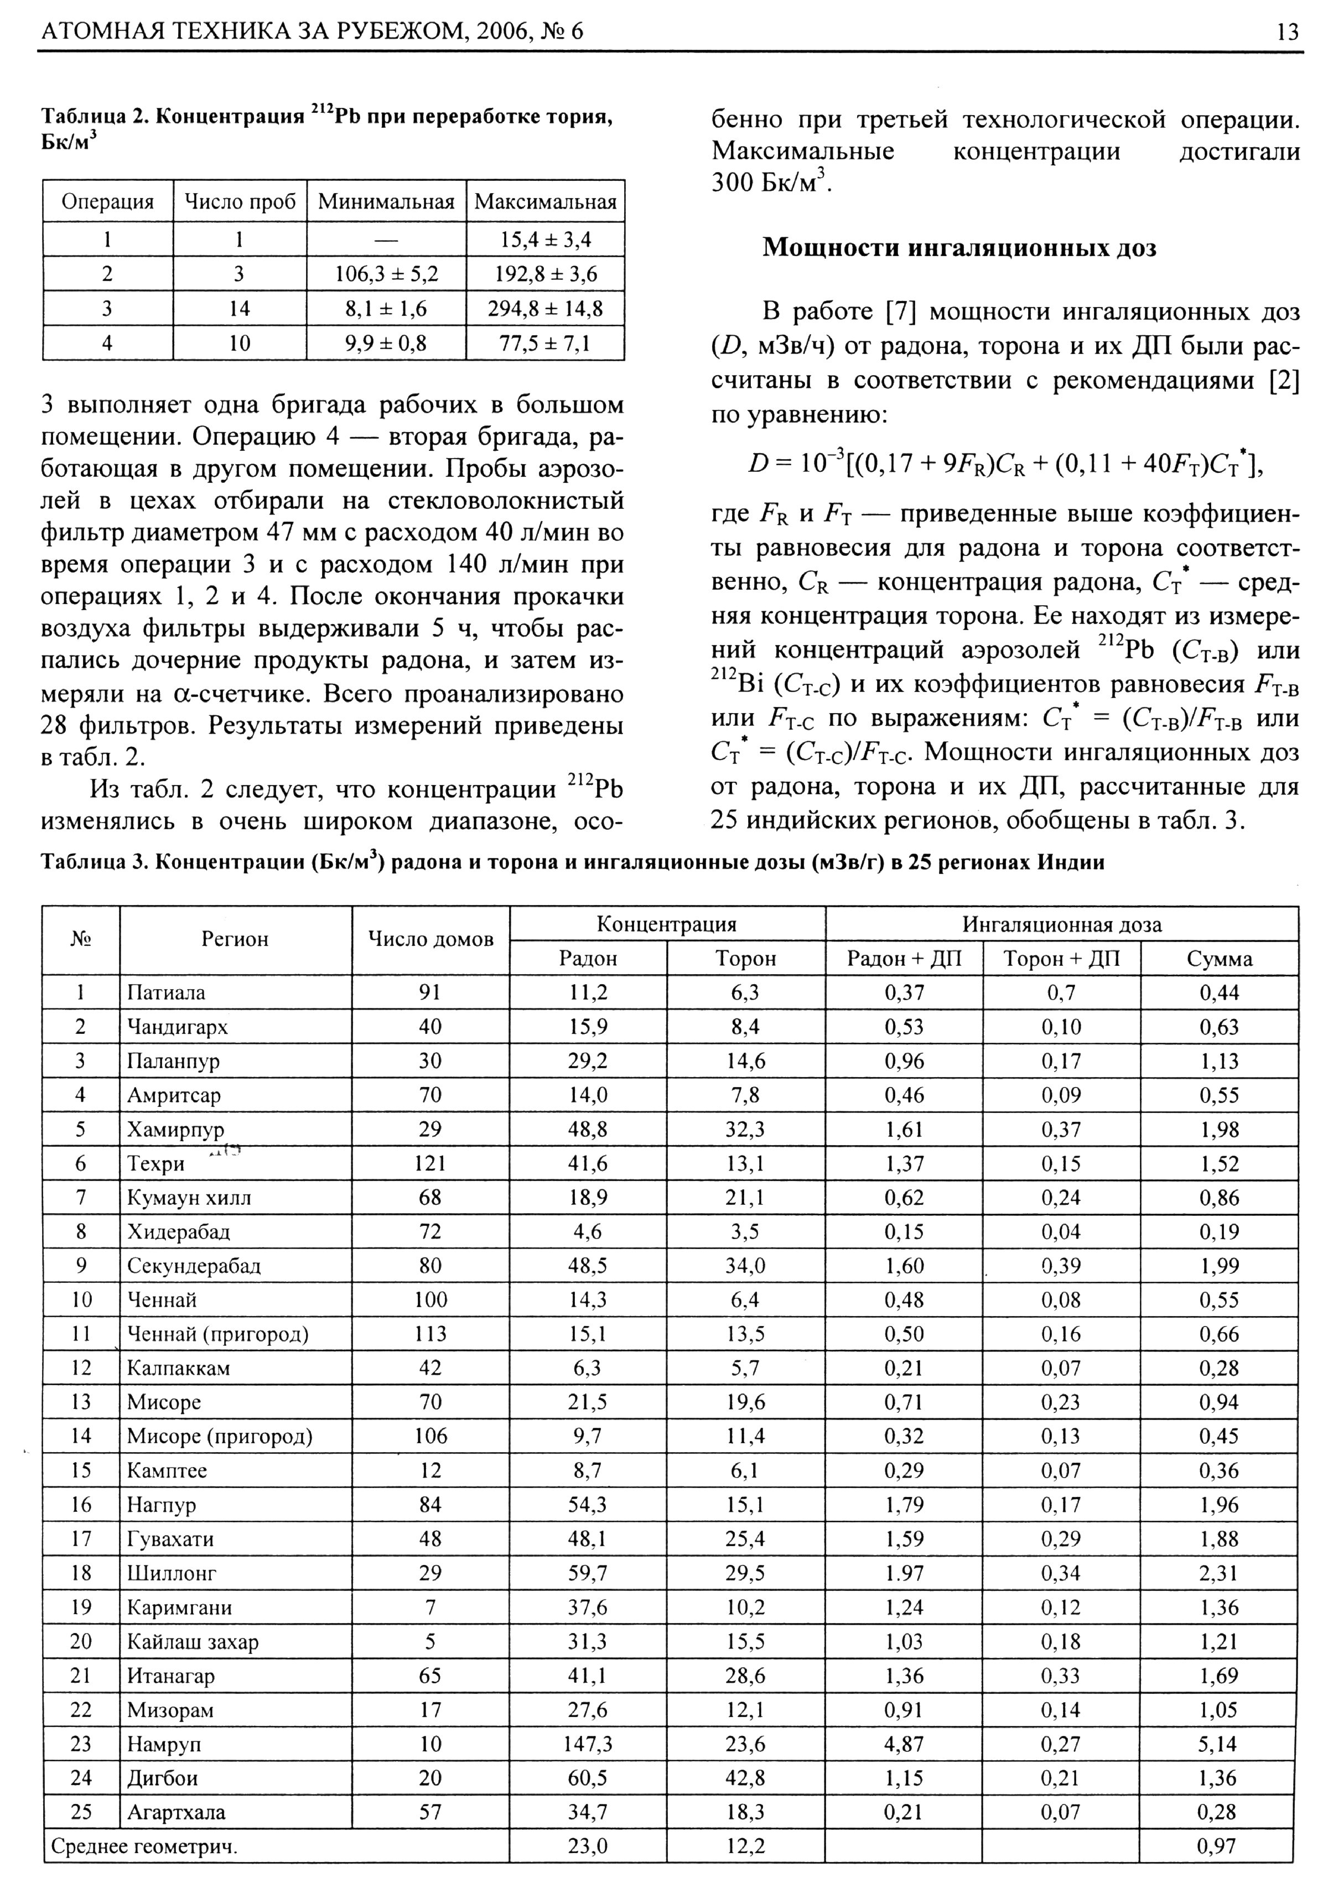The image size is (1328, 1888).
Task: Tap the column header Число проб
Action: (239, 202)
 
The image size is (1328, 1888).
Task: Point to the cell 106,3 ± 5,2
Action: (386, 274)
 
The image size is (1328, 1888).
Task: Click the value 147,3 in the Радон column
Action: (587, 1743)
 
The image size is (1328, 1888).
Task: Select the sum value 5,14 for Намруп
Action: (1218, 1743)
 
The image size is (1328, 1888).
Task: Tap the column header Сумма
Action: (1218, 959)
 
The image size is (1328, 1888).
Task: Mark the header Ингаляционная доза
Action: (1062, 924)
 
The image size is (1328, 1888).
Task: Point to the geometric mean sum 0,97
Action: (1218, 1846)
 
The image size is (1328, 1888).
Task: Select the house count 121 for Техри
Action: (430, 1163)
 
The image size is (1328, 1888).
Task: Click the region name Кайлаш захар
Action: (193, 1641)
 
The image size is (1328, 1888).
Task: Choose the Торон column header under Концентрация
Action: (745, 959)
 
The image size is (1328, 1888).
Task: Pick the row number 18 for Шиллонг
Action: (81, 1573)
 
